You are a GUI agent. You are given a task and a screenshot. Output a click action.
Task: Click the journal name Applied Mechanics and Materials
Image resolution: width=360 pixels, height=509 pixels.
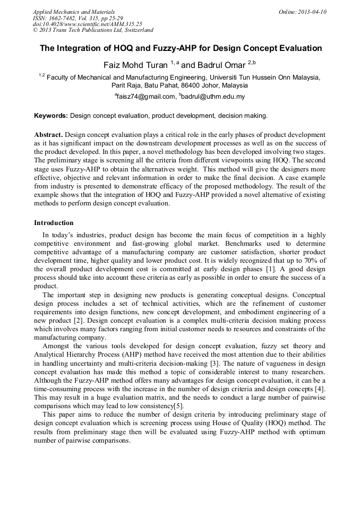click(x=73, y=12)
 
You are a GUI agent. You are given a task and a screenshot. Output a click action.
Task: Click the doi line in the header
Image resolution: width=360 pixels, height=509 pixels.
click(x=88, y=24)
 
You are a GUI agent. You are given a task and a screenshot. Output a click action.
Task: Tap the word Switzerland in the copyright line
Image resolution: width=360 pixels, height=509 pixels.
click(x=137, y=30)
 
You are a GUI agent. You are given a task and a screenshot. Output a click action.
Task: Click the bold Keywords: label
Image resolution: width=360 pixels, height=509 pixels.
click(x=51, y=115)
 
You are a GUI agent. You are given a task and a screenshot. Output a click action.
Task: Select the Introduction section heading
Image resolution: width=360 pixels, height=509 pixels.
click(x=54, y=222)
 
